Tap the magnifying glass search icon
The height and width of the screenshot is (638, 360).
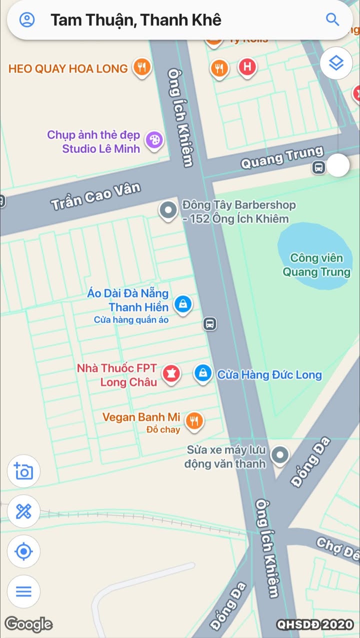point(332,19)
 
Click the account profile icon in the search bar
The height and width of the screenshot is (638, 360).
point(27,19)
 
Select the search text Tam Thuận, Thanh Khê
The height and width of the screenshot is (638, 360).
point(135,20)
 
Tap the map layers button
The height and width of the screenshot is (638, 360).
point(336,63)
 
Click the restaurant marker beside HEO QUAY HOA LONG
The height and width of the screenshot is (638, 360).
point(142,67)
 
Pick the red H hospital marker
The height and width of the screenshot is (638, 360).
point(247,67)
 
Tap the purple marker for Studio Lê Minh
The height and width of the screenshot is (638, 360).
point(153,139)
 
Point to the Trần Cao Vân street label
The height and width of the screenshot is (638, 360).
point(95,196)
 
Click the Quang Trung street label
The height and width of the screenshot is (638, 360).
point(282,158)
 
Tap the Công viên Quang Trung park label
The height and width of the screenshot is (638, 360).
point(316,265)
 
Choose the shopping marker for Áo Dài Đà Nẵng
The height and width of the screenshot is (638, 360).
point(183,303)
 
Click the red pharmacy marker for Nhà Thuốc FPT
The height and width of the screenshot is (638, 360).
point(171,373)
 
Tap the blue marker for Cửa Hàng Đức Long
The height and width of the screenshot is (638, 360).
point(203,373)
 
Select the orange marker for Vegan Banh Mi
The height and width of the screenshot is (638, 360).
point(194,421)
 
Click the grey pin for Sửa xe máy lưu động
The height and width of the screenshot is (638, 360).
point(279,455)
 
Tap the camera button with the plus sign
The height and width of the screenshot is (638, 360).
point(23,471)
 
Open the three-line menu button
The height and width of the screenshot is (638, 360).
point(23,591)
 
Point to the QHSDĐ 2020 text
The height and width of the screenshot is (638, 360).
point(315,624)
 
